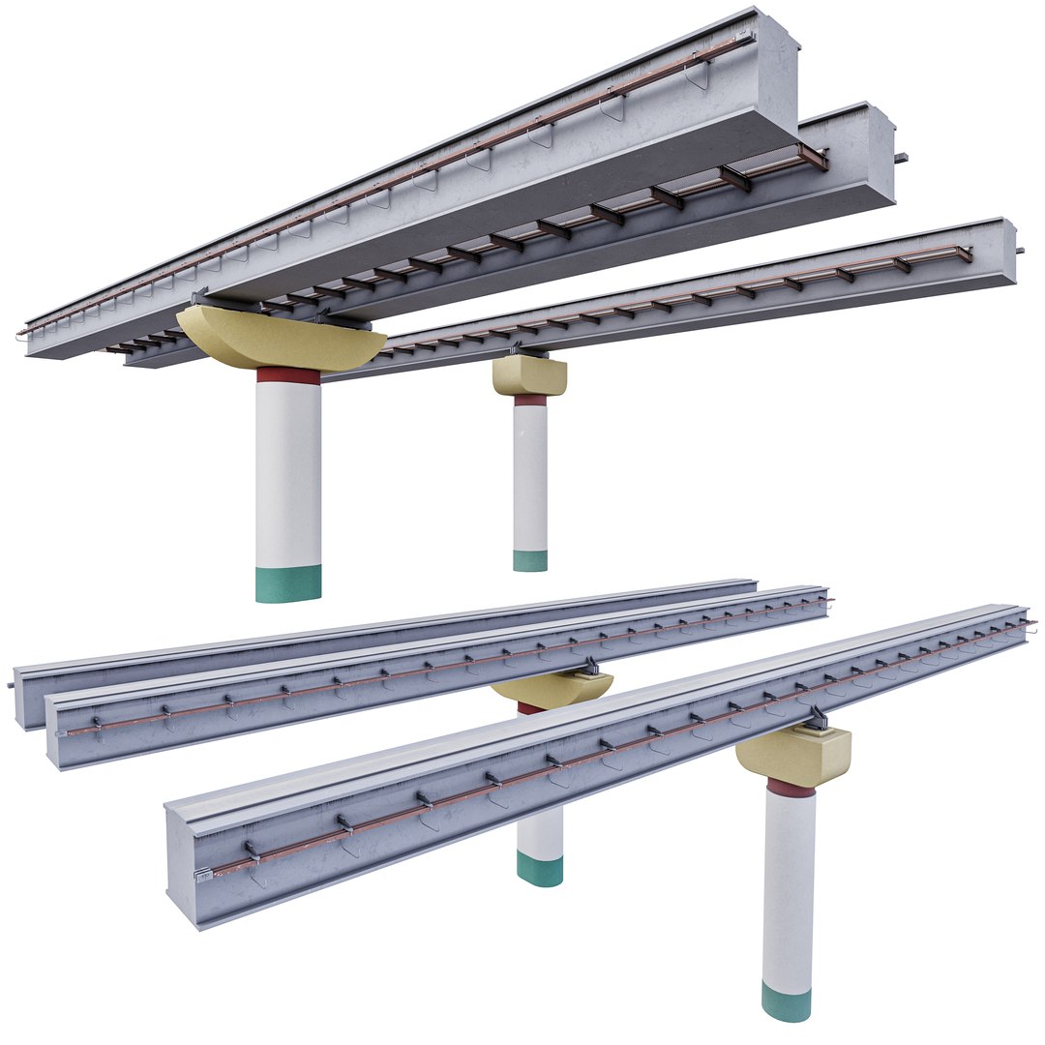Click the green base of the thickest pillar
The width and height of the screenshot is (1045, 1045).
pos(288,583)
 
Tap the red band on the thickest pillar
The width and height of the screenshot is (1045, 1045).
pos(288,375)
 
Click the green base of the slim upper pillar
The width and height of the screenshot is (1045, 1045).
pos(530,560)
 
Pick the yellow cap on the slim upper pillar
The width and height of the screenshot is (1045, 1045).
pos(529,375)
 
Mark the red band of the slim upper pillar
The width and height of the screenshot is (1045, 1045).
pos(530,399)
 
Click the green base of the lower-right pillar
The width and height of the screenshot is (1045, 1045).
pos(786,1001)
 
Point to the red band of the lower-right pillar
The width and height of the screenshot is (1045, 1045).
pos(791,790)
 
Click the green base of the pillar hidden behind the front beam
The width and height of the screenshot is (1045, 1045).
pos(540,868)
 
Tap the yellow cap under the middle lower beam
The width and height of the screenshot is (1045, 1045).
pos(552,688)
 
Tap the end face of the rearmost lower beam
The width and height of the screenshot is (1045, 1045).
pos(28,695)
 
